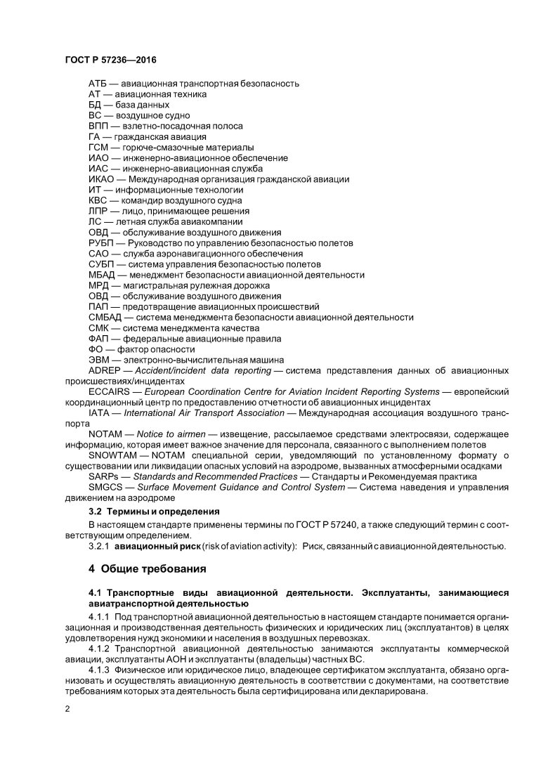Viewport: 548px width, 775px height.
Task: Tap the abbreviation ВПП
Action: click(99, 126)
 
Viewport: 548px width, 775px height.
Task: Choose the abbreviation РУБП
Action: click(102, 243)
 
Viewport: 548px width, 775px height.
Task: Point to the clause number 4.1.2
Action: click(101, 649)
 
